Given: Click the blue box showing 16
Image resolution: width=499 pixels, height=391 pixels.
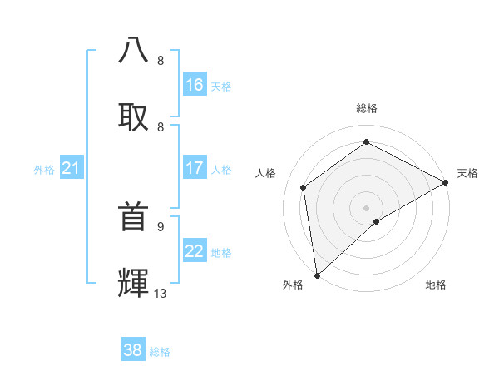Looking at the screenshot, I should [195, 85].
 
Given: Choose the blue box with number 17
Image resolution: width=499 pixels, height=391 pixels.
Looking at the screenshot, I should [195, 168].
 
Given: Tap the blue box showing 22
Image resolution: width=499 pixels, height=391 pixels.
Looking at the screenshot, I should [195, 251].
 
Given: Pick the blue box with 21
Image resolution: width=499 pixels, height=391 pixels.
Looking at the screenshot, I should [72, 168].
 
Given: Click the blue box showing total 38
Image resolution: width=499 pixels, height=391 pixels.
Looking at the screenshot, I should [133, 350].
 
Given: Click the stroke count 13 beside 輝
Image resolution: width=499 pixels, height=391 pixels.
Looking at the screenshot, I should [161, 293].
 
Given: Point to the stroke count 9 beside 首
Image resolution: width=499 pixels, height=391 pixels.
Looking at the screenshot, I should [161, 226].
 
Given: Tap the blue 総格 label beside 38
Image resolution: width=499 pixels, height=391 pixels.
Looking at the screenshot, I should [160, 351].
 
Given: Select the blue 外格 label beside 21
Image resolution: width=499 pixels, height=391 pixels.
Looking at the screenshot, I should [44, 169].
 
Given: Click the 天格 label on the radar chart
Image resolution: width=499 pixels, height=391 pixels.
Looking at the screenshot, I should [467, 173].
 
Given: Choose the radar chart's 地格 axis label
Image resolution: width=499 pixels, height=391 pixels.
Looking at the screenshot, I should [436, 285].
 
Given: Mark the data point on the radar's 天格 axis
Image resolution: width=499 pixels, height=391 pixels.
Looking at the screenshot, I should [446, 182].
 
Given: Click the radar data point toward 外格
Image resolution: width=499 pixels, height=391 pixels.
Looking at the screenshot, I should [317, 275].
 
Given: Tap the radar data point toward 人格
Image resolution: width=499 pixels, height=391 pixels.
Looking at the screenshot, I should [304, 187].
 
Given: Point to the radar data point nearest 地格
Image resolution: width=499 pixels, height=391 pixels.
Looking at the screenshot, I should [377, 221].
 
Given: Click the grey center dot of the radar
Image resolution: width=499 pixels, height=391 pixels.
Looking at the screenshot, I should [366, 207].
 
